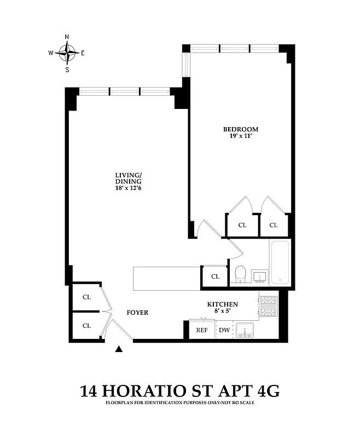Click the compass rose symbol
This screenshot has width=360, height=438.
coord(67,53)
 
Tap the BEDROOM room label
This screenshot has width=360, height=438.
coord(240,129)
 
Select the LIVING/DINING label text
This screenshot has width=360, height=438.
coord(128,178)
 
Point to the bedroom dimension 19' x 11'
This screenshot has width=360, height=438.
coord(240,136)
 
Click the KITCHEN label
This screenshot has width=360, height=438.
coord(222,304)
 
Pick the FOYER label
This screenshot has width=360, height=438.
coord(137,313)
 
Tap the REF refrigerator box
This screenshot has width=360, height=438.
coord(202,330)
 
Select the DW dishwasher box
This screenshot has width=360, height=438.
coord(224,330)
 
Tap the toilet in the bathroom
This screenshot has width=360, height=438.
coord(240,274)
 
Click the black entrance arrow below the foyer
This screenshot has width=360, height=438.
coord(120,349)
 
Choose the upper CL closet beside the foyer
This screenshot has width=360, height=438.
coord(86,297)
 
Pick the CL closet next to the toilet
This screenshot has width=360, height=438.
coord(215,276)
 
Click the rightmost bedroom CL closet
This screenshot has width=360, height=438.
coord(273,225)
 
